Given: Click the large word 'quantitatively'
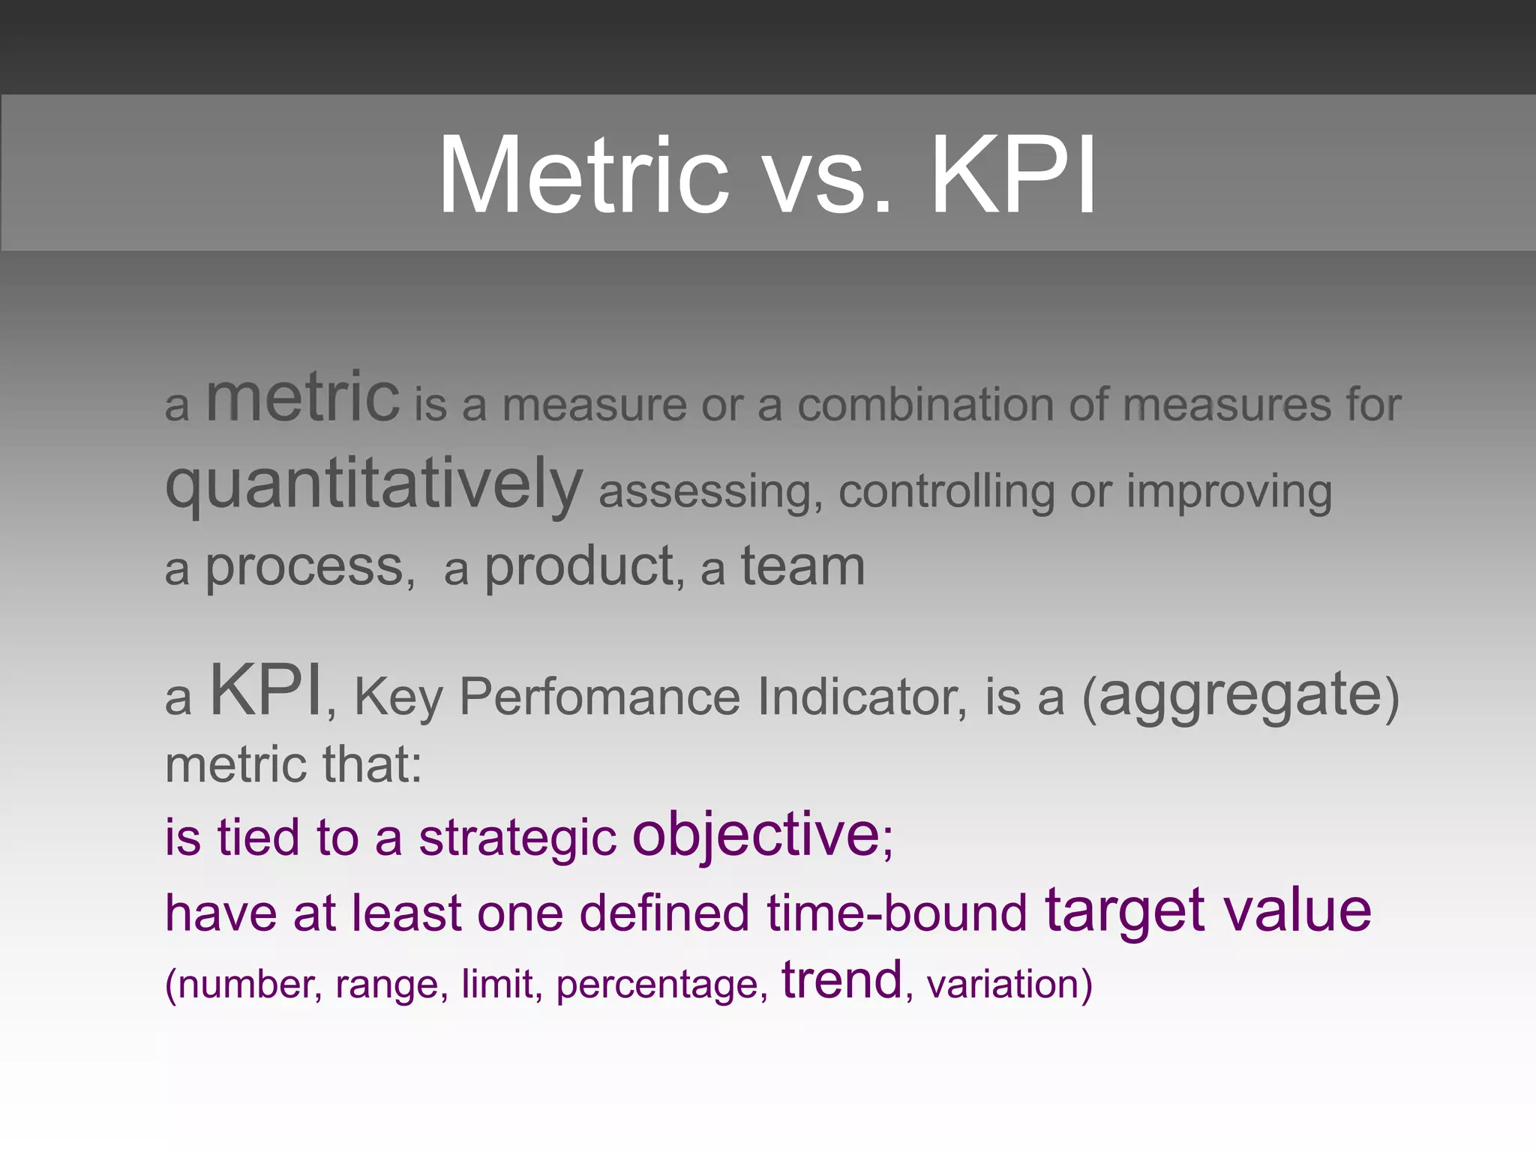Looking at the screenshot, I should pyautogui.click(x=373, y=486).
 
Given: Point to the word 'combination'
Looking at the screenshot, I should pyautogui.click(x=925, y=405).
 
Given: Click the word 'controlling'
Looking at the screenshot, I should pyautogui.click(x=946, y=493).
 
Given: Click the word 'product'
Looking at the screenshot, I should pyautogui.click(x=579, y=568).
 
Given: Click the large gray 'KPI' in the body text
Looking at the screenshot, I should pyautogui.click(x=266, y=691).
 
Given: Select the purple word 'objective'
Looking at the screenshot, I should pyautogui.click(x=755, y=835).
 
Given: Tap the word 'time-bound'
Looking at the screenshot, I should pyautogui.click(x=896, y=913).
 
